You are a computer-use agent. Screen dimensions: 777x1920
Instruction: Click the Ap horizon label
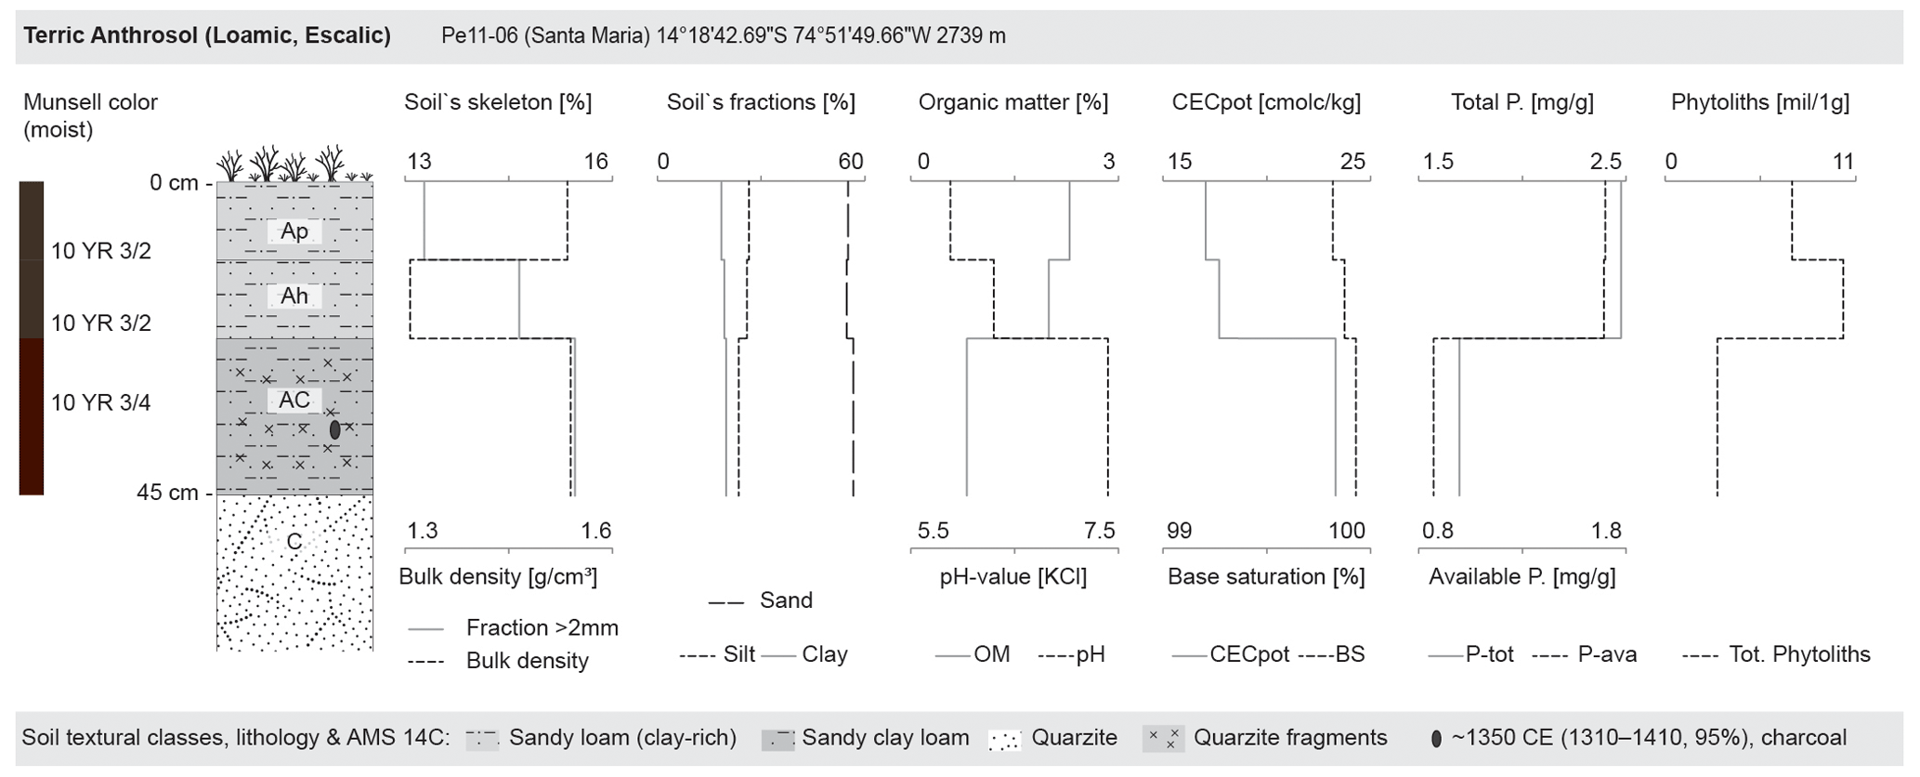point(294,231)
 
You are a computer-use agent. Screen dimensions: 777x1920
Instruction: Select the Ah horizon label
point(294,296)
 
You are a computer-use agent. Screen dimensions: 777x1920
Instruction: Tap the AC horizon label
point(294,400)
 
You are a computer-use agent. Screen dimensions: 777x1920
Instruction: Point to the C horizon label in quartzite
point(294,542)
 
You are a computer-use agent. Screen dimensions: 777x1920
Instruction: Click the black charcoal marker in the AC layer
point(334,429)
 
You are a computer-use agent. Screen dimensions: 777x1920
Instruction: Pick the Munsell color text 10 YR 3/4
point(100,402)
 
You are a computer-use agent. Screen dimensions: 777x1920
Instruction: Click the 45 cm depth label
point(167,493)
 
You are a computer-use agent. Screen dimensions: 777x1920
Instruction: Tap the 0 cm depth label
point(174,183)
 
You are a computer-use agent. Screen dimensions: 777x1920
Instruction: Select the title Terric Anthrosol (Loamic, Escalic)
point(207,35)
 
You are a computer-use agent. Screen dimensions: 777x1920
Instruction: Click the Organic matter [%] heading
point(1013,102)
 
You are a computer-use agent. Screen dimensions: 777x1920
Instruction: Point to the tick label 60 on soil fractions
point(850,162)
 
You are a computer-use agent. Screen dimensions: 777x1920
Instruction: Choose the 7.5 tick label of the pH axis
point(1099,531)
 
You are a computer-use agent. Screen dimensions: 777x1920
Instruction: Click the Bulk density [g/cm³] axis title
point(498,576)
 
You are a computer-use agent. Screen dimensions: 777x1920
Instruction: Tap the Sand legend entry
point(786,600)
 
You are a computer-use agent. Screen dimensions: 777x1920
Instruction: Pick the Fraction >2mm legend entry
point(542,628)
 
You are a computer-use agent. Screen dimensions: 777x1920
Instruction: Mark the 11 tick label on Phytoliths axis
point(1843,162)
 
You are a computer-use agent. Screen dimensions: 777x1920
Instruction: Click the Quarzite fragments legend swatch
point(1163,739)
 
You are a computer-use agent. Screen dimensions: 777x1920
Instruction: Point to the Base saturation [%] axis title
point(1266,576)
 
